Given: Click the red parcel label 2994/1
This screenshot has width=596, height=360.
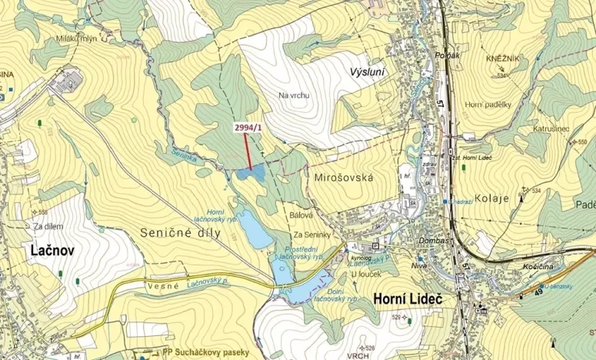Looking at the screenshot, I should tap(246, 128).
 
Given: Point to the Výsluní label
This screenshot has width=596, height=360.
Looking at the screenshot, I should tap(367, 72).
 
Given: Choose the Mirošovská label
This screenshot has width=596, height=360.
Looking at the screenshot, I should tap(344, 178).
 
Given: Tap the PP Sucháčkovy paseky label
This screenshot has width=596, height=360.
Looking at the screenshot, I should tap(206, 352).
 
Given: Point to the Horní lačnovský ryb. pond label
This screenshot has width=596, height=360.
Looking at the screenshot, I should tap(225, 216).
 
